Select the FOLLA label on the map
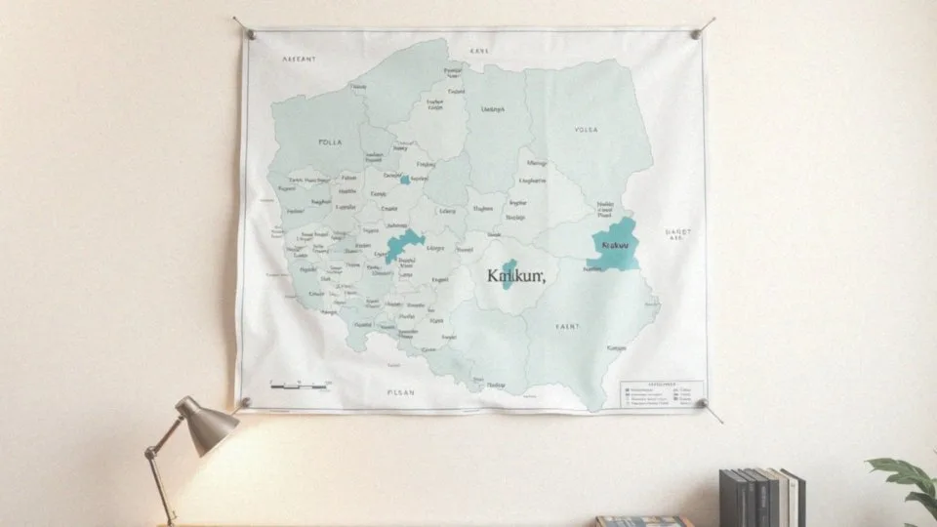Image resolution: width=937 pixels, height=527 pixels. [331, 142]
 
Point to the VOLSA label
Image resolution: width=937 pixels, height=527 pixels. [587, 129]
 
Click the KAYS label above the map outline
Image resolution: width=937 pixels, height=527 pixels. [478, 50]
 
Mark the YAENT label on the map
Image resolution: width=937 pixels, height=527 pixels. [567, 326]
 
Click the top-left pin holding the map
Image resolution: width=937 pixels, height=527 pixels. [251, 34]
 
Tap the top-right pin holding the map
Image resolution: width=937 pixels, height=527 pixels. [696, 34]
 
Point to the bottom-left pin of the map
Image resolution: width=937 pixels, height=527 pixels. [246, 402]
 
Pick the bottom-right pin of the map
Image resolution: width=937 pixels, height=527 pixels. [700, 403]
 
